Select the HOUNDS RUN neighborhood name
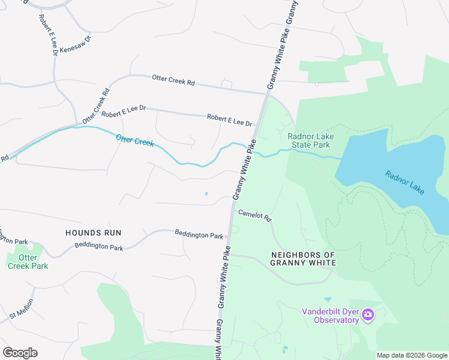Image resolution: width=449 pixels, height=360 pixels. tap(93, 233)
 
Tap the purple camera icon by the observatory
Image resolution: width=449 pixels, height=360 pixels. tap(368, 314)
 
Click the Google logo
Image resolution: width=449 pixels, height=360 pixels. tap(20, 353)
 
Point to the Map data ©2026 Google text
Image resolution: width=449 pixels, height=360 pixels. tap(411, 355)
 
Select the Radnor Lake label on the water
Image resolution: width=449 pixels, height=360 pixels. tap(405, 182)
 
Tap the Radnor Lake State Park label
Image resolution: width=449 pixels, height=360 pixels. tap(310, 140)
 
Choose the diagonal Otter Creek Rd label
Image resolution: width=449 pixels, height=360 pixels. tap(97, 104)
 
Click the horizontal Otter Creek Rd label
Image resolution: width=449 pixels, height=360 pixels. tap(173, 79)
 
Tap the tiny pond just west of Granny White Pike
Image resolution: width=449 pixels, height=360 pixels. tap(206, 193)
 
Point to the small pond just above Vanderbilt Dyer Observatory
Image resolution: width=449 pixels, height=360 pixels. tap(327, 299)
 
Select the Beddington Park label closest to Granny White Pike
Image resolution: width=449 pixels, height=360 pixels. tap(199, 235)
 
